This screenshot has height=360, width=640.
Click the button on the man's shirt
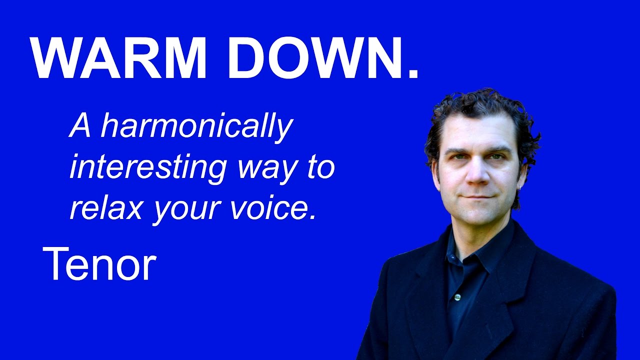(x=456, y=297)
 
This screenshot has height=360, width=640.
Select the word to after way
(x=319, y=168)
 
